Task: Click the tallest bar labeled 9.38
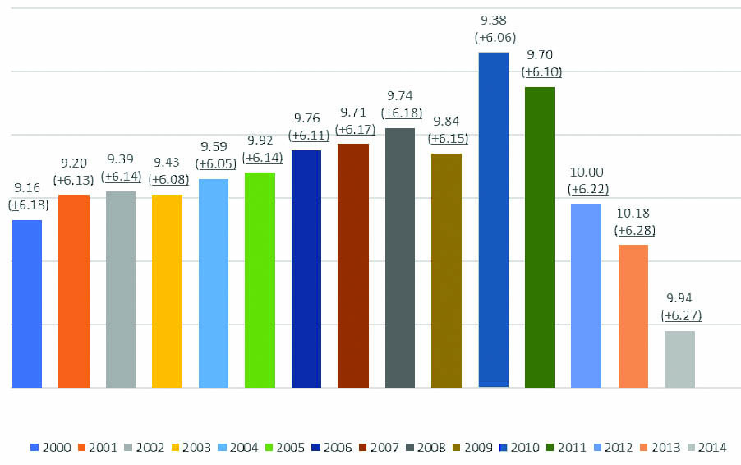[494, 219]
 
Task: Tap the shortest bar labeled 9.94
[679, 359]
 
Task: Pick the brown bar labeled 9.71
[353, 265]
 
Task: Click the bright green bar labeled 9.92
[260, 279]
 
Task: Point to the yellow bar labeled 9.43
[167, 291]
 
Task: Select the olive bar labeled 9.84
[446, 269]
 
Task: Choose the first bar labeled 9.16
[27, 303]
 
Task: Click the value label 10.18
[633, 215]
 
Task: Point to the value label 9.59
[214, 149]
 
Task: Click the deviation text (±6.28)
[633, 231]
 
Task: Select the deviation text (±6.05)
[214, 164]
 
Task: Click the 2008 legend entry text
[431, 448]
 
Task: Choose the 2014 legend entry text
[712, 448]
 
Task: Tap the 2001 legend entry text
[104, 448]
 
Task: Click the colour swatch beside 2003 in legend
[176, 448]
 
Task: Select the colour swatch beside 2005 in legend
[269, 448]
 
